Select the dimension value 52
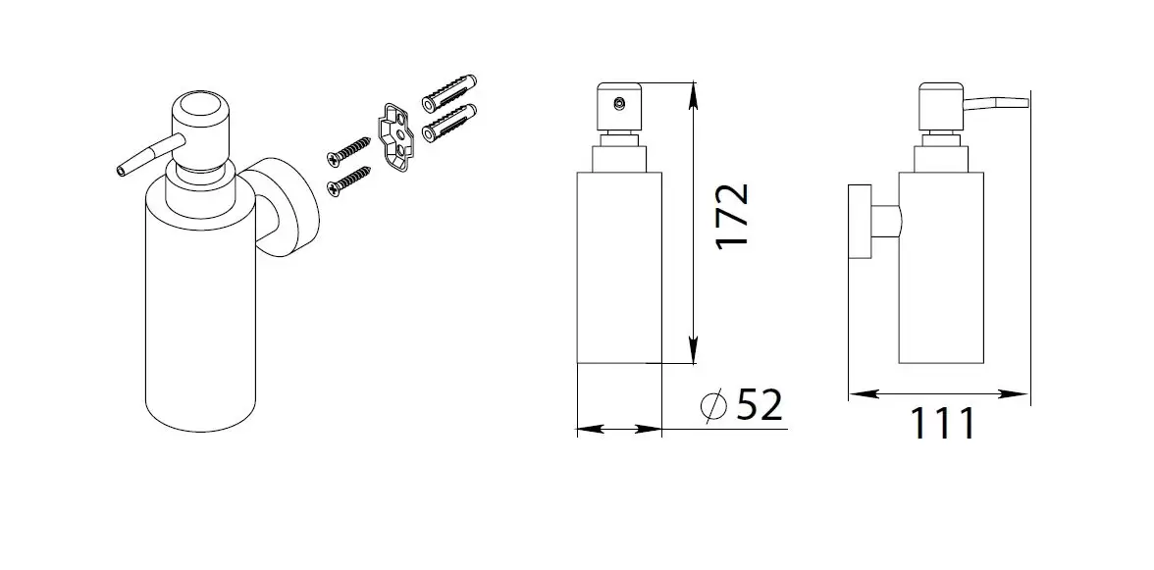pos(760,405)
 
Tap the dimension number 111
pos(943,423)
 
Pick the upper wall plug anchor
pos(449,91)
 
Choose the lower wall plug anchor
pos(449,123)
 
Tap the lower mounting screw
pos(348,181)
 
